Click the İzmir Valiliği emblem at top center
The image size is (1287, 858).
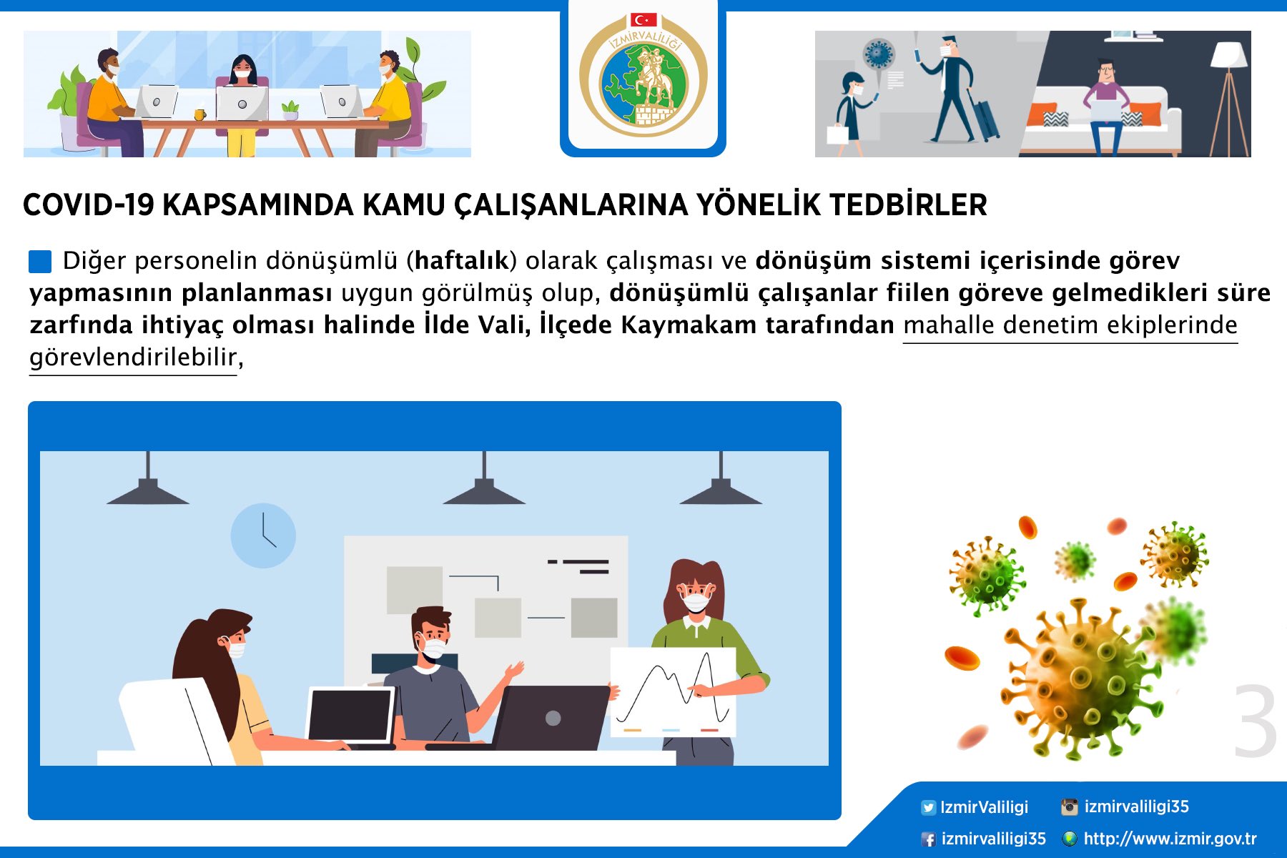click(643, 75)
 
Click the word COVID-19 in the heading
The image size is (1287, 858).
click(89, 205)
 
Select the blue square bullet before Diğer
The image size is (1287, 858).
click(40, 262)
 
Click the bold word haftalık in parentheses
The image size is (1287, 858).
click(461, 260)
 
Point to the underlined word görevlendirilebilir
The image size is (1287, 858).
click(133, 357)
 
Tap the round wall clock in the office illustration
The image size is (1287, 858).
click(263, 536)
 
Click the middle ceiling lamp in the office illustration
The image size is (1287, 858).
click(484, 482)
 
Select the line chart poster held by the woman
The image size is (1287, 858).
click(673, 692)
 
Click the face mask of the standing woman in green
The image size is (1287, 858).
click(696, 602)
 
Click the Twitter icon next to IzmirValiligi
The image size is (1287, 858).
click(928, 808)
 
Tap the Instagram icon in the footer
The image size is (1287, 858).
click(1069, 807)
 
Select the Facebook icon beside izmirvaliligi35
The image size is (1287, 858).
click(928, 839)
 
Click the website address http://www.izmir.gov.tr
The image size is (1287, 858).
click(1170, 839)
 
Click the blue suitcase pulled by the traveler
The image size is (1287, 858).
click(984, 114)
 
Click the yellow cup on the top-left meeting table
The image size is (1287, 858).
click(199, 114)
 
